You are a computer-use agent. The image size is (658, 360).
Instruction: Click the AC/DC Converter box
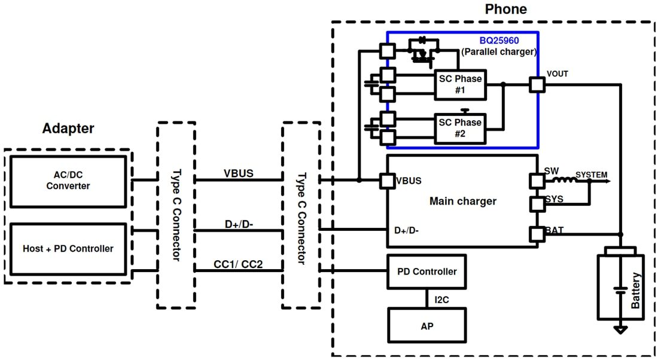[x=68, y=181]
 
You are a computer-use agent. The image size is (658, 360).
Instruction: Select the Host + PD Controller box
[x=68, y=248]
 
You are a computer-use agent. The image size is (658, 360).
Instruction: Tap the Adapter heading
[x=68, y=129]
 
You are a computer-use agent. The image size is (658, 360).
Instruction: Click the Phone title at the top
[x=505, y=9]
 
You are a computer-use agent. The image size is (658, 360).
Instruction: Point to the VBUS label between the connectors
[x=239, y=173]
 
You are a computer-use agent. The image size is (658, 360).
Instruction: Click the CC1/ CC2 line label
[x=238, y=264]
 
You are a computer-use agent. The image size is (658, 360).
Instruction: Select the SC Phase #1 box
[x=459, y=84]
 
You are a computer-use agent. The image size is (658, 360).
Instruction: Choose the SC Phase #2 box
[x=459, y=128]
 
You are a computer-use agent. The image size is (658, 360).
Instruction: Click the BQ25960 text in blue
[x=499, y=41]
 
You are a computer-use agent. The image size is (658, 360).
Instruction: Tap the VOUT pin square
[x=537, y=85]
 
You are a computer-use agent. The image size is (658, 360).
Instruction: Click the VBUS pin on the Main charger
[x=387, y=180]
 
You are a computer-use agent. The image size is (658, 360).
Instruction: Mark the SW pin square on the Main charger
[x=536, y=180]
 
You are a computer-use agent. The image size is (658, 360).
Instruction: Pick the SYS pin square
[x=536, y=205]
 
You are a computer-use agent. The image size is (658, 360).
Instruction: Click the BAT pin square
[x=536, y=234]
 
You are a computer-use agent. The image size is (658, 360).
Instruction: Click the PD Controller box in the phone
[x=427, y=271]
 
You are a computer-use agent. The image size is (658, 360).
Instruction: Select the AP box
[x=427, y=326]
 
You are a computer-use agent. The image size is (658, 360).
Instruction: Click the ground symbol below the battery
[x=621, y=328]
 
